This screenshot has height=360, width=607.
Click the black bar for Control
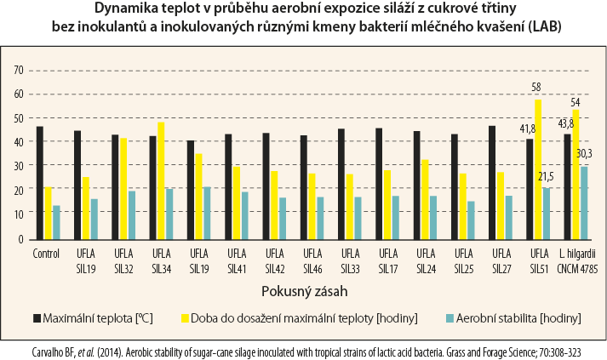coord(39,183)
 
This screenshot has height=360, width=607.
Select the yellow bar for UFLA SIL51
coord(537,169)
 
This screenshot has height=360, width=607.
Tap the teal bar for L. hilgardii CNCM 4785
coord(583,203)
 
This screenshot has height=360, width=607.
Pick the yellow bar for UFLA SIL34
coord(161,180)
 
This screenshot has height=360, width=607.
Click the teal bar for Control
coord(56,222)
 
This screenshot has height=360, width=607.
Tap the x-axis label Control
coord(47,253)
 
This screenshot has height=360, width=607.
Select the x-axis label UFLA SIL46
coord(312,260)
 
